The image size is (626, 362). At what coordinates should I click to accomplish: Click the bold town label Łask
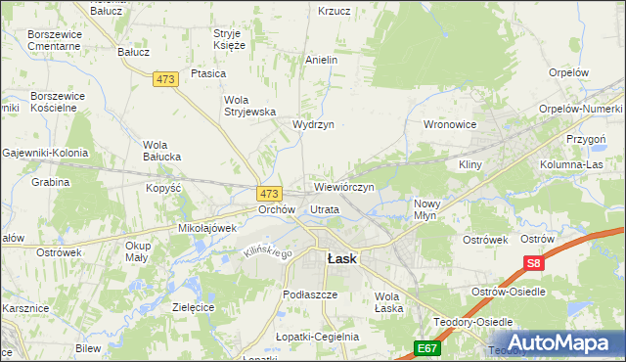pyautogui.click(x=340, y=259)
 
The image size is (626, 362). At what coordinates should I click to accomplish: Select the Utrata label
pyautogui.click(x=324, y=209)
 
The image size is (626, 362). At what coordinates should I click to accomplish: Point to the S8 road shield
pyautogui.click(x=532, y=263)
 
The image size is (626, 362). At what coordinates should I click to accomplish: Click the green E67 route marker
pyautogui.click(x=426, y=347)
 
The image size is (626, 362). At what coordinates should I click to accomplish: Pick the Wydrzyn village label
pyautogui.click(x=313, y=125)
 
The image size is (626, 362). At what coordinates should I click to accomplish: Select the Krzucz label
pyautogui.click(x=334, y=11)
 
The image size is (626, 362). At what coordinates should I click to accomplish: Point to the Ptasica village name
pyautogui.click(x=208, y=73)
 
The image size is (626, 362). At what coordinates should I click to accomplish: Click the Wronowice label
pyautogui.click(x=449, y=125)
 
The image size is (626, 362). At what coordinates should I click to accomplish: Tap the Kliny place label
pyautogui.click(x=470, y=165)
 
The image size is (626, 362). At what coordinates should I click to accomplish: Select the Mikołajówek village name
pyautogui.click(x=207, y=228)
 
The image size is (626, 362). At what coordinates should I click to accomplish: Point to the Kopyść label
pyautogui.click(x=163, y=187)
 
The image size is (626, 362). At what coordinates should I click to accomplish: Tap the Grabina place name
pyautogui.click(x=50, y=182)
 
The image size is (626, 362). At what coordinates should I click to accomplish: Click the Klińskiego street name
pyautogui.click(x=267, y=253)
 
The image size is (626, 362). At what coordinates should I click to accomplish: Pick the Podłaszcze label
pyautogui.click(x=309, y=294)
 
